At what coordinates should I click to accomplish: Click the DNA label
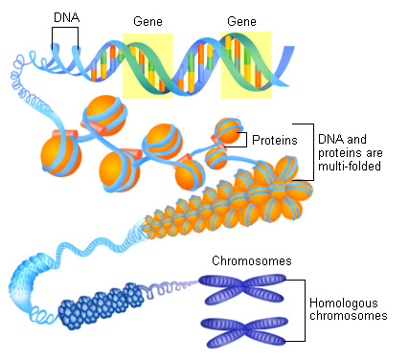pyautogui.click(x=66, y=17)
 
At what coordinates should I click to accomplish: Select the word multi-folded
pyautogui.click(x=352, y=167)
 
